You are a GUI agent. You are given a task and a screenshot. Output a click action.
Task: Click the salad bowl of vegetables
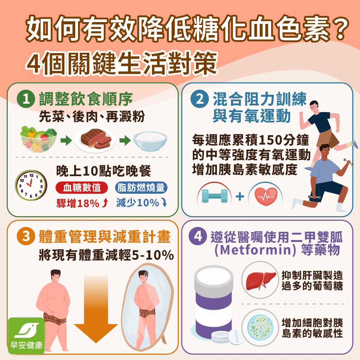[38, 140]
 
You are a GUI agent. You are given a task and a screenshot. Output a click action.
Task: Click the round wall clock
[31, 186]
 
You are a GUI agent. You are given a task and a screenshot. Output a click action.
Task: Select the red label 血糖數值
[82, 188]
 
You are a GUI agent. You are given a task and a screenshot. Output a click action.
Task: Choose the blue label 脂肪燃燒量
[141, 188]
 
